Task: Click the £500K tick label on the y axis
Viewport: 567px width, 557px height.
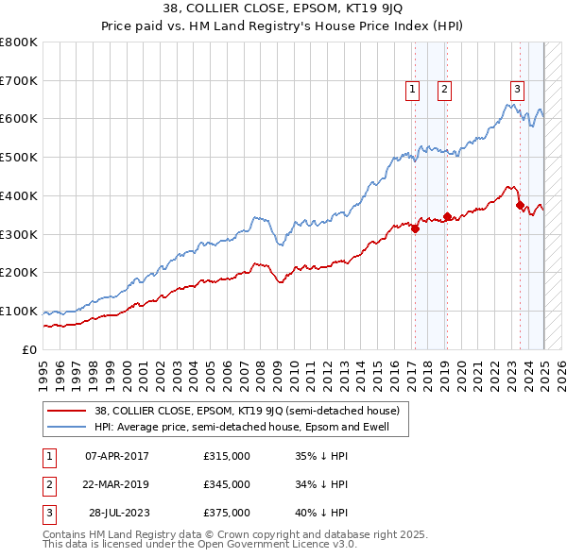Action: tap(19, 158)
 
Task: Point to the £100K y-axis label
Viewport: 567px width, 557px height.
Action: tap(19, 312)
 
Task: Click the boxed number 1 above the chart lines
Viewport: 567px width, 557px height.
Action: tap(414, 91)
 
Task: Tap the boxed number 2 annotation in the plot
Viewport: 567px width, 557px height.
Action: tap(444, 91)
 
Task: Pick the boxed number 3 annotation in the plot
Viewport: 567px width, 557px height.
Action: tap(518, 91)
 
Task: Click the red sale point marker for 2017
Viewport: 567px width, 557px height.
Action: tap(415, 228)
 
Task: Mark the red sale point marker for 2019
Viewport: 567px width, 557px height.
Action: tap(446, 216)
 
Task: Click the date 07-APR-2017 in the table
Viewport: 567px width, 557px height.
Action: tap(117, 456)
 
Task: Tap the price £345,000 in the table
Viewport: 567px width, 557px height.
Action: tap(227, 484)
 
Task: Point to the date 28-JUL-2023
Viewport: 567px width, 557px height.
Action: tap(120, 513)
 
